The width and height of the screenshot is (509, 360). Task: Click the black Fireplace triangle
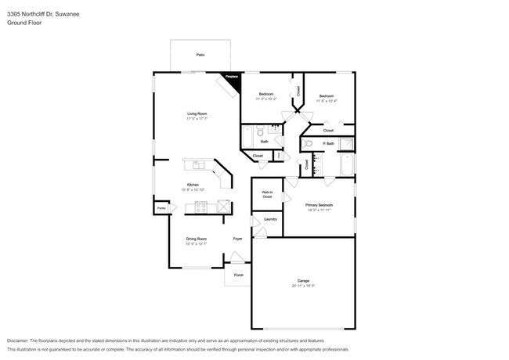point(233,77)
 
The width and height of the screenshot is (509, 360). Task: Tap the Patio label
point(200,55)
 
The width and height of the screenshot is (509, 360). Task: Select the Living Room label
point(197,114)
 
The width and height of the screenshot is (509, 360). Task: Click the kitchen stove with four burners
point(200,207)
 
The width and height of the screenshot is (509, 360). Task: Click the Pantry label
point(161,208)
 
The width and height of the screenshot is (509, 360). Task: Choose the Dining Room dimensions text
point(196,244)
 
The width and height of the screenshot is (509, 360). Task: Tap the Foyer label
point(237,239)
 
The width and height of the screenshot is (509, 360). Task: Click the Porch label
point(239,275)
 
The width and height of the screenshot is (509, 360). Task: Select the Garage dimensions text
point(303,286)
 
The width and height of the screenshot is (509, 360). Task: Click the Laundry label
point(270,219)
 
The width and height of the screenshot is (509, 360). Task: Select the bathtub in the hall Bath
point(247,137)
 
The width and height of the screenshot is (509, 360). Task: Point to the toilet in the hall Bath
point(262,132)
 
